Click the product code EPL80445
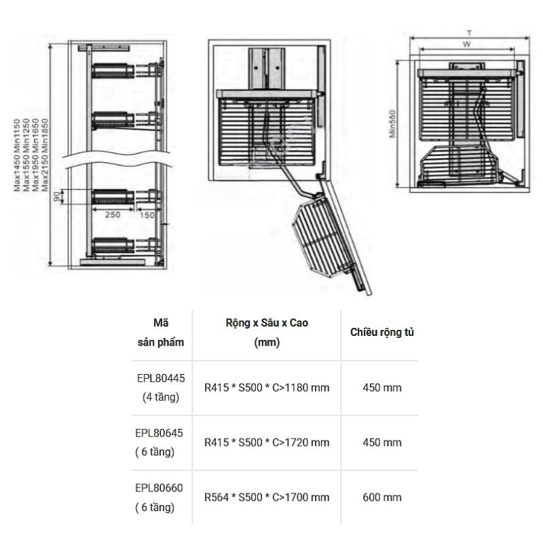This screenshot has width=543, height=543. tap(161, 378)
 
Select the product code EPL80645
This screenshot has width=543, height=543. tap(159, 433)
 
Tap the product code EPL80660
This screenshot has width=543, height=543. tap(159, 488)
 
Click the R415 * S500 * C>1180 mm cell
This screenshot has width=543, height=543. tap(267, 388)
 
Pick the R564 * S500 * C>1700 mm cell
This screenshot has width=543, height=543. tap(267, 498)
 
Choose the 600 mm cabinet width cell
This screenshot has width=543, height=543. tap(382, 498)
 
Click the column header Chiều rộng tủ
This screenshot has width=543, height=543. tap(382, 332)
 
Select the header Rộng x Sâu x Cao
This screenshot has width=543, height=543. tap(267, 323)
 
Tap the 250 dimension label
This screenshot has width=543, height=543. tap(113, 214)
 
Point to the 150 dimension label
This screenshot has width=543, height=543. tap(147, 215)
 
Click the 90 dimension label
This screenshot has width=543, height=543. tap(57, 197)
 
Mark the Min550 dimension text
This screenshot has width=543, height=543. tap(392, 124)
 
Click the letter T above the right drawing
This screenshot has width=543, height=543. tap(469, 33)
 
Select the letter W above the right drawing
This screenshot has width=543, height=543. tap(467, 44)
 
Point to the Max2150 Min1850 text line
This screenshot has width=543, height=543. tap(45, 155)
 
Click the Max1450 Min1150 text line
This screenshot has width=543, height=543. tap(17, 155)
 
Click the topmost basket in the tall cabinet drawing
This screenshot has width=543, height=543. tap(113, 71)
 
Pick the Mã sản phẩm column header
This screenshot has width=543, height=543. tap(161, 333)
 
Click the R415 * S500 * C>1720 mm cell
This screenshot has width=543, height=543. tap(267, 443)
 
